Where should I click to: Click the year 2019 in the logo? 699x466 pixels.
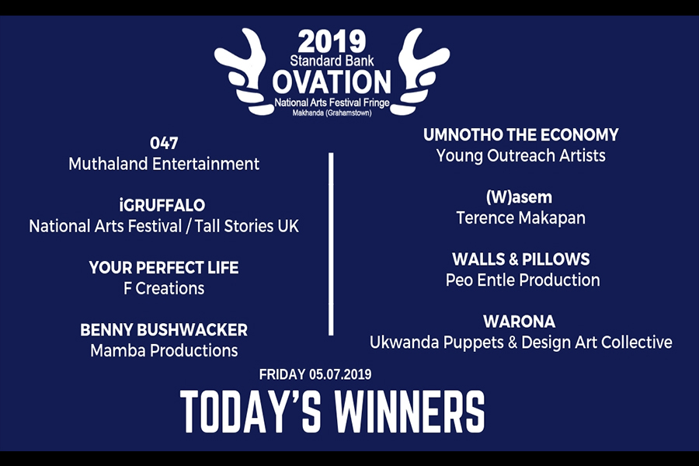(332, 42)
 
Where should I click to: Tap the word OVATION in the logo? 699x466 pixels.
(332, 82)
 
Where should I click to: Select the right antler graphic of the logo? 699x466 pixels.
(421, 71)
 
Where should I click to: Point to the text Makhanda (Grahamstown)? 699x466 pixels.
(332, 113)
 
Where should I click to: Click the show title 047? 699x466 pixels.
(164, 143)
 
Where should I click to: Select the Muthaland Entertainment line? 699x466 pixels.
(164, 164)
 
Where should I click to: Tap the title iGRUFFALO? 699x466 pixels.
(162, 205)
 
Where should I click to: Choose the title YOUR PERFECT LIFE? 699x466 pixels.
(164, 267)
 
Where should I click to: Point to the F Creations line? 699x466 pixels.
(164, 288)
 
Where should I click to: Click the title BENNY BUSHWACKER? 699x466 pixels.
(164, 330)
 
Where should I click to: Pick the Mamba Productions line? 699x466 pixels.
(164, 351)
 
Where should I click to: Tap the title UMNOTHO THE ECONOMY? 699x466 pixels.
(520, 134)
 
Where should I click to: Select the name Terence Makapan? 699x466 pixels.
(520, 218)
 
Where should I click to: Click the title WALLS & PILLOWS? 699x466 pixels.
(520, 259)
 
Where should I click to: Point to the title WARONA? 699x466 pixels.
(520, 322)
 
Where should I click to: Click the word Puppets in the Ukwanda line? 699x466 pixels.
(474, 343)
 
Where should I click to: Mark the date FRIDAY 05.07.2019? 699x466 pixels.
(315, 374)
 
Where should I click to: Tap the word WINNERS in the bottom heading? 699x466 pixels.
(409, 412)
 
